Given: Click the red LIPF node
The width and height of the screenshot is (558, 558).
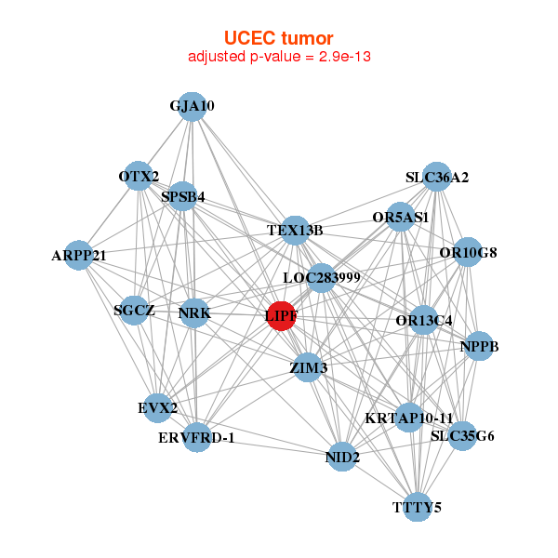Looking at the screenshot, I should click(x=282, y=316).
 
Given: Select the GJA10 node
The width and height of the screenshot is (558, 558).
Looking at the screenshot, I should click(x=192, y=106).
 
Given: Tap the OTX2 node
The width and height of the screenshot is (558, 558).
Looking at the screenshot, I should click(x=139, y=177).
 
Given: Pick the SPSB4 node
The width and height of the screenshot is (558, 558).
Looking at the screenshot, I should click(x=183, y=196).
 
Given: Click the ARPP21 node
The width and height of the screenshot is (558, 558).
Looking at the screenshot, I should click(x=79, y=255).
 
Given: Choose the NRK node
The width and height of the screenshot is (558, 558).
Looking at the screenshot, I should click(x=194, y=313).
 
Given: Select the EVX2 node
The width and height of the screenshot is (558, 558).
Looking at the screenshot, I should click(x=158, y=407).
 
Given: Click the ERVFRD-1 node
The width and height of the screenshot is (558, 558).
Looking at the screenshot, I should click(x=196, y=437).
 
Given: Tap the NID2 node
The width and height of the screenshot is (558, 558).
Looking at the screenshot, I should click(x=342, y=457).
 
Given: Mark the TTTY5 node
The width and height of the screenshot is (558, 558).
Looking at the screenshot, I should click(x=418, y=507).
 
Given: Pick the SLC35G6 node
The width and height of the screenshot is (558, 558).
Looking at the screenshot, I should click(x=462, y=435).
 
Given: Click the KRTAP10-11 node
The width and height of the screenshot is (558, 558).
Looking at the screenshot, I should click(x=409, y=418).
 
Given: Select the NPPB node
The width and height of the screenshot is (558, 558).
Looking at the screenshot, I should click(x=479, y=347).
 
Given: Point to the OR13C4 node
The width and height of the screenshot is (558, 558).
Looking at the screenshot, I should click(x=424, y=321).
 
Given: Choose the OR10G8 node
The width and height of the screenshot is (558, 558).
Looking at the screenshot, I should click(x=468, y=252).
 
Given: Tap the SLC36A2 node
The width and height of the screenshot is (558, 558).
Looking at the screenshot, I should click(x=437, y=177).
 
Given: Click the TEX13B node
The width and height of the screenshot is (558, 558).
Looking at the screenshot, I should click(x=295, y=230).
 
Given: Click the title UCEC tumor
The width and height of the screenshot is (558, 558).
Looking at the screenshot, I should click(x=279, y=38).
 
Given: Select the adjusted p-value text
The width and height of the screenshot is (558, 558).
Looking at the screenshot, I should click(x=280, y=57).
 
